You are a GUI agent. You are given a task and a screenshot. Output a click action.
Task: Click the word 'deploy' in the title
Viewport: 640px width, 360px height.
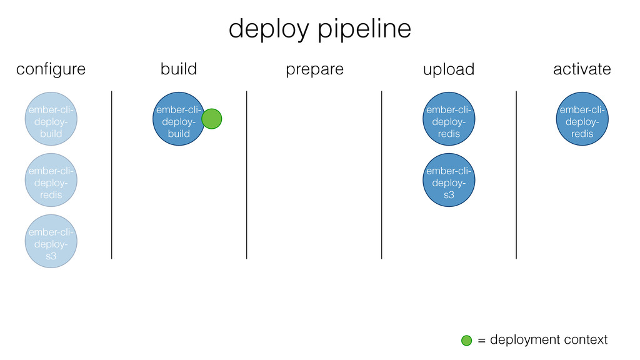[x=269, y=30]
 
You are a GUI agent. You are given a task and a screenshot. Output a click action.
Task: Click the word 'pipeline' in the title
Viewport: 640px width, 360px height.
[x=364, y=29]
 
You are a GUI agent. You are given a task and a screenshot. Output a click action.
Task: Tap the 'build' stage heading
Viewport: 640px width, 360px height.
[x=179, y=69]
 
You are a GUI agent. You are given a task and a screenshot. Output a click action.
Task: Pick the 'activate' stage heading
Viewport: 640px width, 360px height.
[x=582, y=69]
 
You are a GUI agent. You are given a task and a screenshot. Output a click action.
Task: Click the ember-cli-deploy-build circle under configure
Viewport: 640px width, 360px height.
[x=51, y=119]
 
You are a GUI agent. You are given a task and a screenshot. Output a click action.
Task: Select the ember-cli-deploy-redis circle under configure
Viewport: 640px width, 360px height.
[x=51, y=180]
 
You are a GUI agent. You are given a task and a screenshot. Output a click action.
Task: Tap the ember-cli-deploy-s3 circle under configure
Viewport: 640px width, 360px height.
[x=51, y=241]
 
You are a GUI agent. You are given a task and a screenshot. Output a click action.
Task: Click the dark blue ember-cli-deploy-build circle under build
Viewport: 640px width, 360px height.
[x=179, y=119]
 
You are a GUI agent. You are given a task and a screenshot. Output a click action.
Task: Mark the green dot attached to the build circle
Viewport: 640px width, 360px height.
[x=212, y=119]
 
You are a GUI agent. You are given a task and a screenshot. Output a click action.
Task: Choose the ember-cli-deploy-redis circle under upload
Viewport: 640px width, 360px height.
[x=449, y=119]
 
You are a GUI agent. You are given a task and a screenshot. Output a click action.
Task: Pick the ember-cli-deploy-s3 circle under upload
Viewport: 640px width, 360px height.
[x=449, y=180]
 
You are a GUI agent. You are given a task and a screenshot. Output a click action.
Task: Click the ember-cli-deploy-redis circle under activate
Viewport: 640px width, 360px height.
[x=582, y=119]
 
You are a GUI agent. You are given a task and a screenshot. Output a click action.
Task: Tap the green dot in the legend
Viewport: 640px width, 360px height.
[x=466, y=341]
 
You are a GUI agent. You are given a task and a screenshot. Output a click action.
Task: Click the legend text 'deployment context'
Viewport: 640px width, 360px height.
[x=549, y=340]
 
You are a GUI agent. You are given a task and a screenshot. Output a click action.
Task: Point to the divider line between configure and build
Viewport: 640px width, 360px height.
[x=111, y=175]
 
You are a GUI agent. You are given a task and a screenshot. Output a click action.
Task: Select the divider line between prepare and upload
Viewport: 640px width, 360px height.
[x=382, y=175]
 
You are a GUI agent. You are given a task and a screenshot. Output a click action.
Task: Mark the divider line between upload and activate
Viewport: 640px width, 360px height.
[x=516, y=175]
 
